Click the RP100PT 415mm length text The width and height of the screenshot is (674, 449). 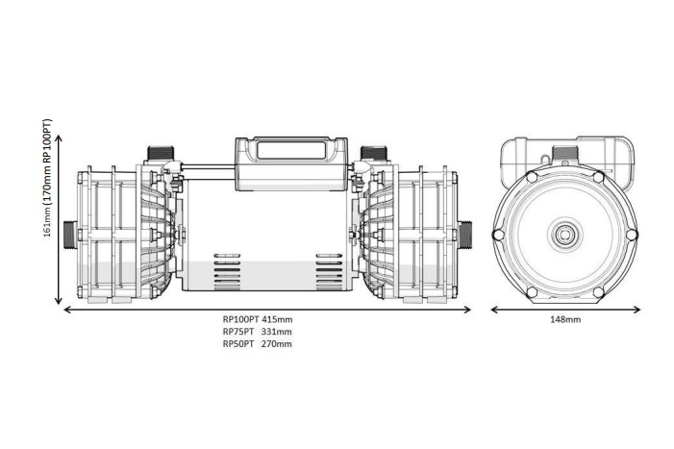pyautogui.click(x=257, y=320)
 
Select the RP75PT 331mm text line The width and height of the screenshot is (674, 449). pyautogui.click(x=257, y=332)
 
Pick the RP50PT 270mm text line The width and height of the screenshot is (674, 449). pyautogui.click(x=257, y=343)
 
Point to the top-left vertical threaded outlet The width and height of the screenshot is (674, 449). pyautogui.click(x=158, y=155)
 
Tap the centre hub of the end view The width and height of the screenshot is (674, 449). pyautogui.click(x=562, y=233)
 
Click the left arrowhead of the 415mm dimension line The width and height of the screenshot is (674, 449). pyautogui.click(x=66, y=310)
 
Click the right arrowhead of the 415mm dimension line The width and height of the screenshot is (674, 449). pyautogui.click(x=468, y=310)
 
